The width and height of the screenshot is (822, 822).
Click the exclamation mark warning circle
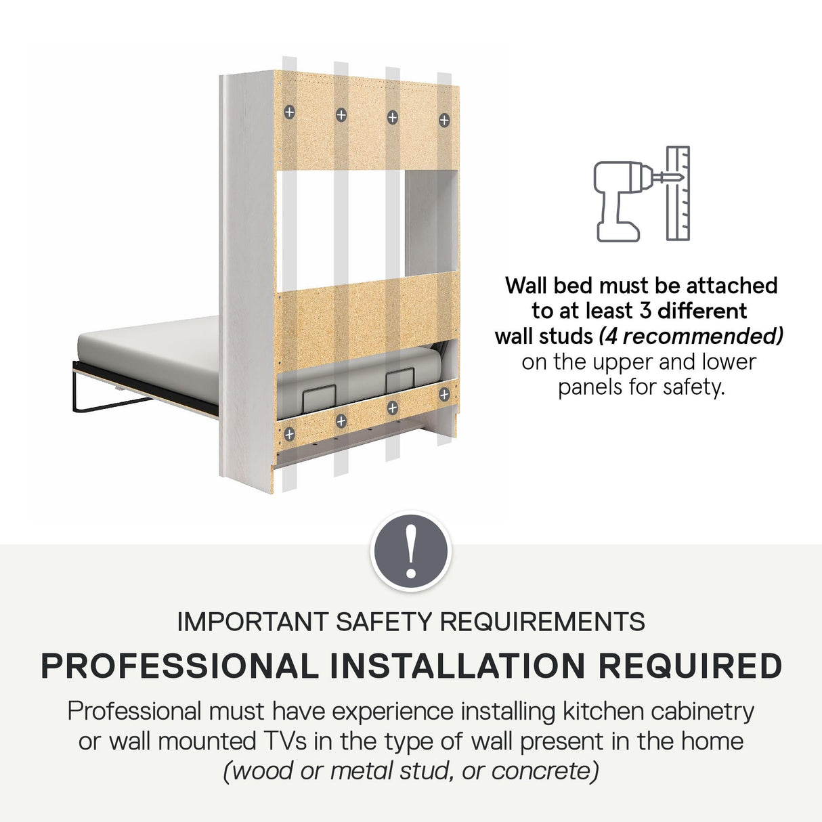[x=410, y=550]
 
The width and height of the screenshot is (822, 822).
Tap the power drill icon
[x=618, y=201]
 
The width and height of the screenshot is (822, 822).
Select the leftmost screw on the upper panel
[x=290, y=112]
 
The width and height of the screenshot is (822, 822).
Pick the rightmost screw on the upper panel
[x=444, y=121]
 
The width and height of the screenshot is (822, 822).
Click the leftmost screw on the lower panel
[x=289, y=435]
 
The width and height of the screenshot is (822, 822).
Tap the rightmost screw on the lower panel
[x=444, y=395]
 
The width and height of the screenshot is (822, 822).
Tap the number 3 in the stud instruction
[x=646, y=311]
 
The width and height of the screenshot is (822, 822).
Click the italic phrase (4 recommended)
[x=691, y=337]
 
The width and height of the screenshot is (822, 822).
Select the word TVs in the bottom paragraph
[x=282, y=741]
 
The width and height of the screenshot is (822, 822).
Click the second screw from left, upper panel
[x=341, y=114]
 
